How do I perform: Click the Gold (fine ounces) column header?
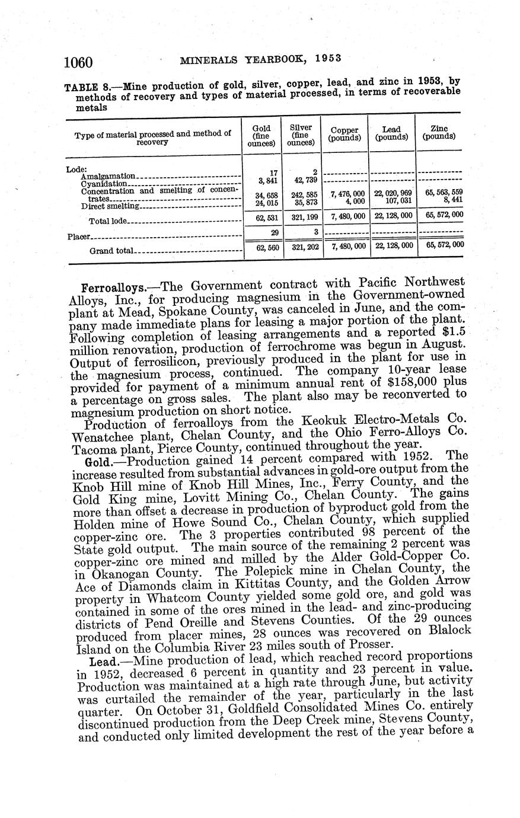[x=261, y=136]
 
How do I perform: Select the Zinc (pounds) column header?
[x=439, y=133]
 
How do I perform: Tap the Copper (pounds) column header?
[x=345, y=134]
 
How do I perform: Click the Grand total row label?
[x=111, y=251]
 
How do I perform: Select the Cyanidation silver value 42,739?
[x=302, y=180]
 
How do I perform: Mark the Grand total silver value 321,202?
[x=302, y=247]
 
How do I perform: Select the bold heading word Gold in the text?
[x=95, y=460]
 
